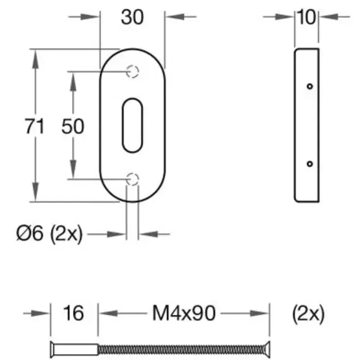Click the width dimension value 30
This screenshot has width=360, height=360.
132,17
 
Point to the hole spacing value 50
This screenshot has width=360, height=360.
73,126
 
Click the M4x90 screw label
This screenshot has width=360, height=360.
184,313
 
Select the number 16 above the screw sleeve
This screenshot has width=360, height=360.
74,313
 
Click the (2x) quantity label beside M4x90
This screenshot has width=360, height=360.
308,313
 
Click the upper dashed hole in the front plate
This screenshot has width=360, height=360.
133,71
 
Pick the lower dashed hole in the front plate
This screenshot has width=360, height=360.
133,179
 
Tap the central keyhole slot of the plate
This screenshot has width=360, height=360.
132,125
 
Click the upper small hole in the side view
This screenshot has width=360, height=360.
309,86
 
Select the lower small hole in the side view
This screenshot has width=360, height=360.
309,164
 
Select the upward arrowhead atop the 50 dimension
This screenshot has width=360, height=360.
73,79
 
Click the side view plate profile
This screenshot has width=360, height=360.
307,125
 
